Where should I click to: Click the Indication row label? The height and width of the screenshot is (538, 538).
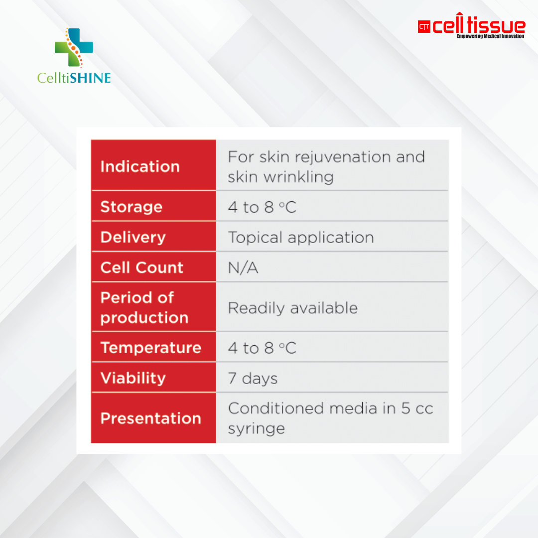(x=140, y=166)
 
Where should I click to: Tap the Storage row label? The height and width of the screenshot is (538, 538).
(x=132, y=207)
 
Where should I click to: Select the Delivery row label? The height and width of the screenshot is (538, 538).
(x=133, y=237)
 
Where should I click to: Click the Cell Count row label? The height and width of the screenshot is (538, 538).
(x=142, y=268)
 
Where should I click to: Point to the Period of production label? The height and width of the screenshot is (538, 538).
(x=144, y=307)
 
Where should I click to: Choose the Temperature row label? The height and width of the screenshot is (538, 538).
(x=150, y=348)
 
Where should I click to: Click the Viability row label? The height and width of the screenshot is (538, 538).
(x=133, y=378)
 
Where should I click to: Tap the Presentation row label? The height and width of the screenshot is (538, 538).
(x=150, y=418)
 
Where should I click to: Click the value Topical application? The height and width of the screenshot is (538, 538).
(x=301, y=238)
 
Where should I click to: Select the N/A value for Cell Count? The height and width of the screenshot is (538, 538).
(x=243, y=268)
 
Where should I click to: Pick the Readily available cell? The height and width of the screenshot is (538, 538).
(x=293, y=308)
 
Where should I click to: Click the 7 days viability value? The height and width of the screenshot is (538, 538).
(x=253, y=379)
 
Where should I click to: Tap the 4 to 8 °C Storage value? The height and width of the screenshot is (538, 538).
(x=262, y=207)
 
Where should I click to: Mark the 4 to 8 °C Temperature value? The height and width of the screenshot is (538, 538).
(x=262, y=348)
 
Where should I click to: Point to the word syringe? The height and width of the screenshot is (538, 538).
(x=256, y=429)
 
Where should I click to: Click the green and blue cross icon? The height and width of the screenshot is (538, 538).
(x=74, y=47)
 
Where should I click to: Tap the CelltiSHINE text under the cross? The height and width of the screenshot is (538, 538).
(x=74, y=78)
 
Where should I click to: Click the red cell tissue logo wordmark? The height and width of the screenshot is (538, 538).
(x=478, y=26)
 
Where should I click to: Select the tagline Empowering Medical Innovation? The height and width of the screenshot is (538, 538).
(x=490, y=36)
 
